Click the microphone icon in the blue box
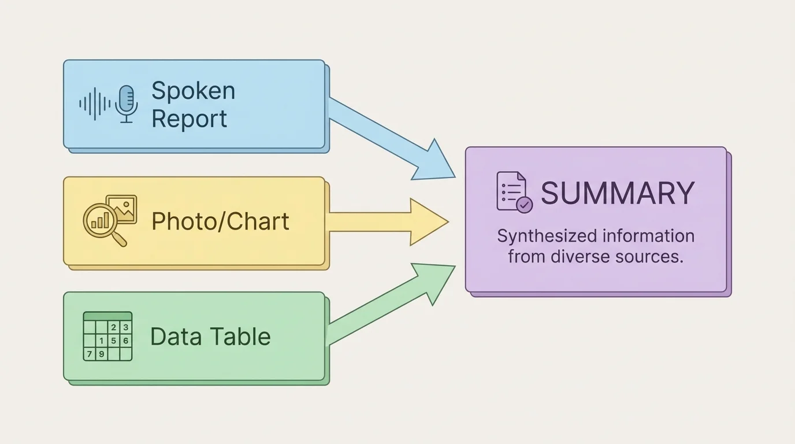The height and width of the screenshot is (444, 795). click(126, 103)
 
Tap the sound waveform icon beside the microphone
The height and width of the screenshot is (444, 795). click(95, 104)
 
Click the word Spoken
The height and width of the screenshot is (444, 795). click(193, 91)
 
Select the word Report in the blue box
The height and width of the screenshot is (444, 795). click(189, 119)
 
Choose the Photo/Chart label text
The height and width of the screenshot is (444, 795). click(220, 221)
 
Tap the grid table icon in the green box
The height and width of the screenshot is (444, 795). click(107, 336)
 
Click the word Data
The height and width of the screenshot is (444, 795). click(173, 336)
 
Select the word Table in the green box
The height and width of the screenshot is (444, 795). click(240, 336)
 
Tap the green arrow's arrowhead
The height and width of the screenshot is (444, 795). click(437, 280)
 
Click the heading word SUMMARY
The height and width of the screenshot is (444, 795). click(617, 194)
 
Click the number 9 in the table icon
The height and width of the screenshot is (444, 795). click(101, 354)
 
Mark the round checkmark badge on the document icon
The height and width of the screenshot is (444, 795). click(524, 205)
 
